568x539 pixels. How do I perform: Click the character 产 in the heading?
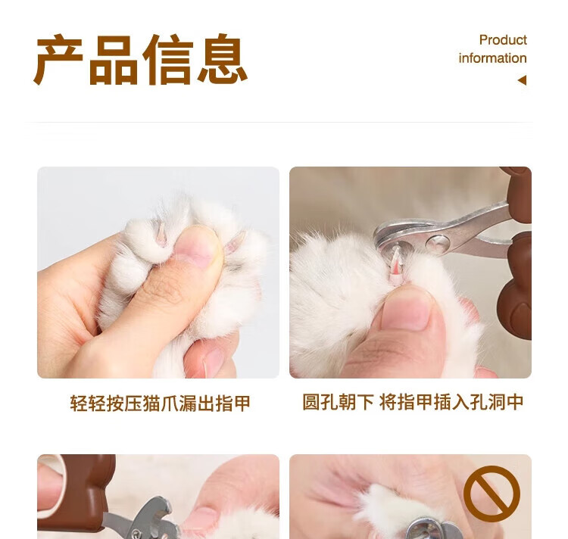coord(59,60)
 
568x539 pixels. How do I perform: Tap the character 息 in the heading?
coord(222,59)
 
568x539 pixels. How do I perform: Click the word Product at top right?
coord(503,40)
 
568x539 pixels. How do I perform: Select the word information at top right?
coord(493,58)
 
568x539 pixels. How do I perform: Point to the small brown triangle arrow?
coord(522,80)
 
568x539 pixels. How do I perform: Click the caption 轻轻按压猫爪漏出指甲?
coord(160,403)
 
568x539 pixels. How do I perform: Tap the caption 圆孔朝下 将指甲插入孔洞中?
coord(413,402)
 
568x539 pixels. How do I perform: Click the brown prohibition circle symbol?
coord(492,494)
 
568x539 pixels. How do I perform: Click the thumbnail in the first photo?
coord(198,246)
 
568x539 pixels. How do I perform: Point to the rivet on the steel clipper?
coord(438,243)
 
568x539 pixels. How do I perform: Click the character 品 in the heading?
coord(114,60)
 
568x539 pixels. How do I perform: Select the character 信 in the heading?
coord(167,60)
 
